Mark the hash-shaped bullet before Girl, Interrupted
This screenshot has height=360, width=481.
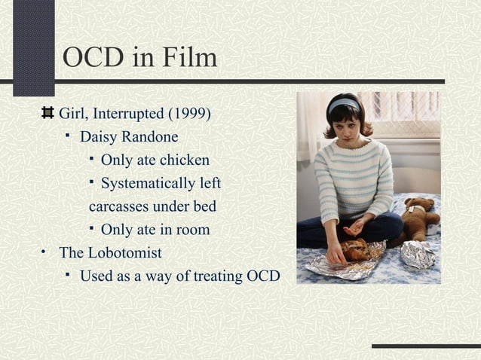click(47, 114)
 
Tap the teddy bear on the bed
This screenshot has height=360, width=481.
click(419, 217)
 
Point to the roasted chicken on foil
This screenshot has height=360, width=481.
click(357, 249)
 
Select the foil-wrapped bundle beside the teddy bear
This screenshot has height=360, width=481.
click(418, 255)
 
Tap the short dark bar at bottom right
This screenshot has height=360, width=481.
click(425, 346)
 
